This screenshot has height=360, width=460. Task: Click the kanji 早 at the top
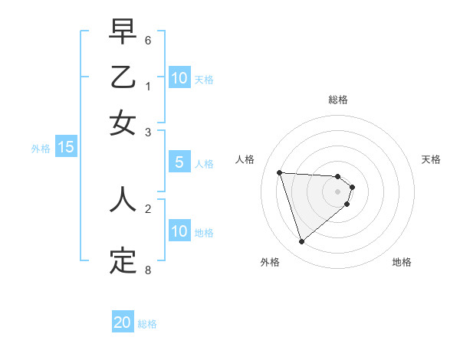123,32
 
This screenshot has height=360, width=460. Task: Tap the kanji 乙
123,78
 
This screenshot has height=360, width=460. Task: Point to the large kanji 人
123,199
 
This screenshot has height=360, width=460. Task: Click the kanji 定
123,260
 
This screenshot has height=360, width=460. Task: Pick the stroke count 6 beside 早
148,40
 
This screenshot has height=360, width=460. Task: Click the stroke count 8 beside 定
148,270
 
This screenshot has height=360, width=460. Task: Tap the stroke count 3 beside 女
148,132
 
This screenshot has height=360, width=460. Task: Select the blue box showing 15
66,148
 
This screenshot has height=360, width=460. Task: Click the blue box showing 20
123,322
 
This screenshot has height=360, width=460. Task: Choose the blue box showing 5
179,162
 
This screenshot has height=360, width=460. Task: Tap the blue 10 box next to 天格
179,78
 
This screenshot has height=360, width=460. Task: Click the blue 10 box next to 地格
179,231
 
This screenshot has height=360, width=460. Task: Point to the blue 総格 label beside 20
147,324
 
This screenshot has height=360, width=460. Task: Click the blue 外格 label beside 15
41,149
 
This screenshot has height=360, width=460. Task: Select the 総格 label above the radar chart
338,100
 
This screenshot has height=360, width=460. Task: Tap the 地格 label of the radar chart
402,262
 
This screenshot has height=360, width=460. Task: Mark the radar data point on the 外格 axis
301,242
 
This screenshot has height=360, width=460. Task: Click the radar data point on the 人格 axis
280,172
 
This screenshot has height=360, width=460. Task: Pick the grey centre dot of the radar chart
338,191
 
